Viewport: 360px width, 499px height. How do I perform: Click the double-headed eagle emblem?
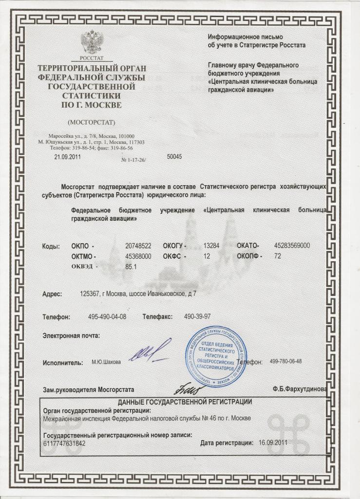point(91,42)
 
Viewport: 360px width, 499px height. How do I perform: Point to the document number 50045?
point(174,157)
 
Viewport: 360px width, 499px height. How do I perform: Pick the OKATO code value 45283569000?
point(292,246)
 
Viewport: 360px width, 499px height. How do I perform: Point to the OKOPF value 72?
point(278,256)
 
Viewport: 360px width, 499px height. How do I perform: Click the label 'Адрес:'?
point(52,294)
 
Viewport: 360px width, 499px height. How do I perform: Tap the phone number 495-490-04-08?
point(107,317)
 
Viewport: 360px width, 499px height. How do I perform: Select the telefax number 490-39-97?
point(197,317)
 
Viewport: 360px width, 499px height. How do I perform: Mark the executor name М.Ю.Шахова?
point(106,362)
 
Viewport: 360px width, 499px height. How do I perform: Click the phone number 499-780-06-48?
point(285,362)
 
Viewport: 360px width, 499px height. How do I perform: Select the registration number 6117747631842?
point(64,443)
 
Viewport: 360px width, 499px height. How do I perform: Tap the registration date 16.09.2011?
point(273,443)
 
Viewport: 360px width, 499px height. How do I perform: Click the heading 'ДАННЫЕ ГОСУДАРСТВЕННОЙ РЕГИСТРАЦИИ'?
point(185,403)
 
